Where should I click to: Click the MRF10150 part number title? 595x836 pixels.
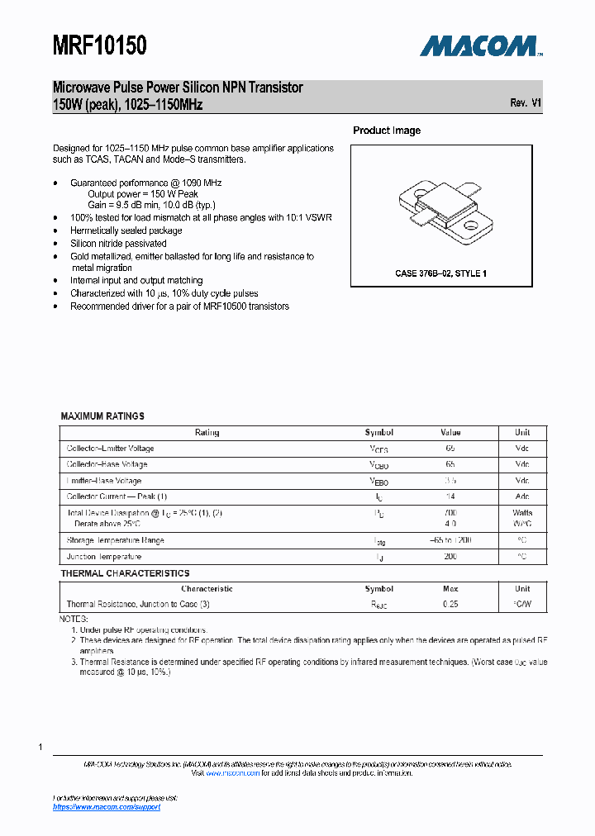point(100,46)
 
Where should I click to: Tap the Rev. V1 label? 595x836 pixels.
point(526,103)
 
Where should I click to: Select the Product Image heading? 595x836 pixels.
point(387,131)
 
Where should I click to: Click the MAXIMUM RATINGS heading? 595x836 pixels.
point(102,416)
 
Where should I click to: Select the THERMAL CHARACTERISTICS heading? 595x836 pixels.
point(125,573)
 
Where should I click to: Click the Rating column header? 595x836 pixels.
point(207,433)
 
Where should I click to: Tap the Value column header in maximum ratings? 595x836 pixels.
point(450,433)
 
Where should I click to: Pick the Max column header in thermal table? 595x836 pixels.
point(450,589)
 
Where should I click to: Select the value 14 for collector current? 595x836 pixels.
point(450,496)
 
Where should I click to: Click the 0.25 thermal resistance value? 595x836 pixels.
point(450,605)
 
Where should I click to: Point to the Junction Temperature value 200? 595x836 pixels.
point(450,557)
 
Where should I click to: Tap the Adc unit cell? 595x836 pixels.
point(522,496)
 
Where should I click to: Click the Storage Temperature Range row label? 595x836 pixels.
point(115,540)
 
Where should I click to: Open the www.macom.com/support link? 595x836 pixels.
point(107,807)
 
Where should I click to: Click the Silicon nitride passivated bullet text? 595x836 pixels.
point(118,244)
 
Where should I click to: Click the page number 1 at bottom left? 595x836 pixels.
point(40,747)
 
